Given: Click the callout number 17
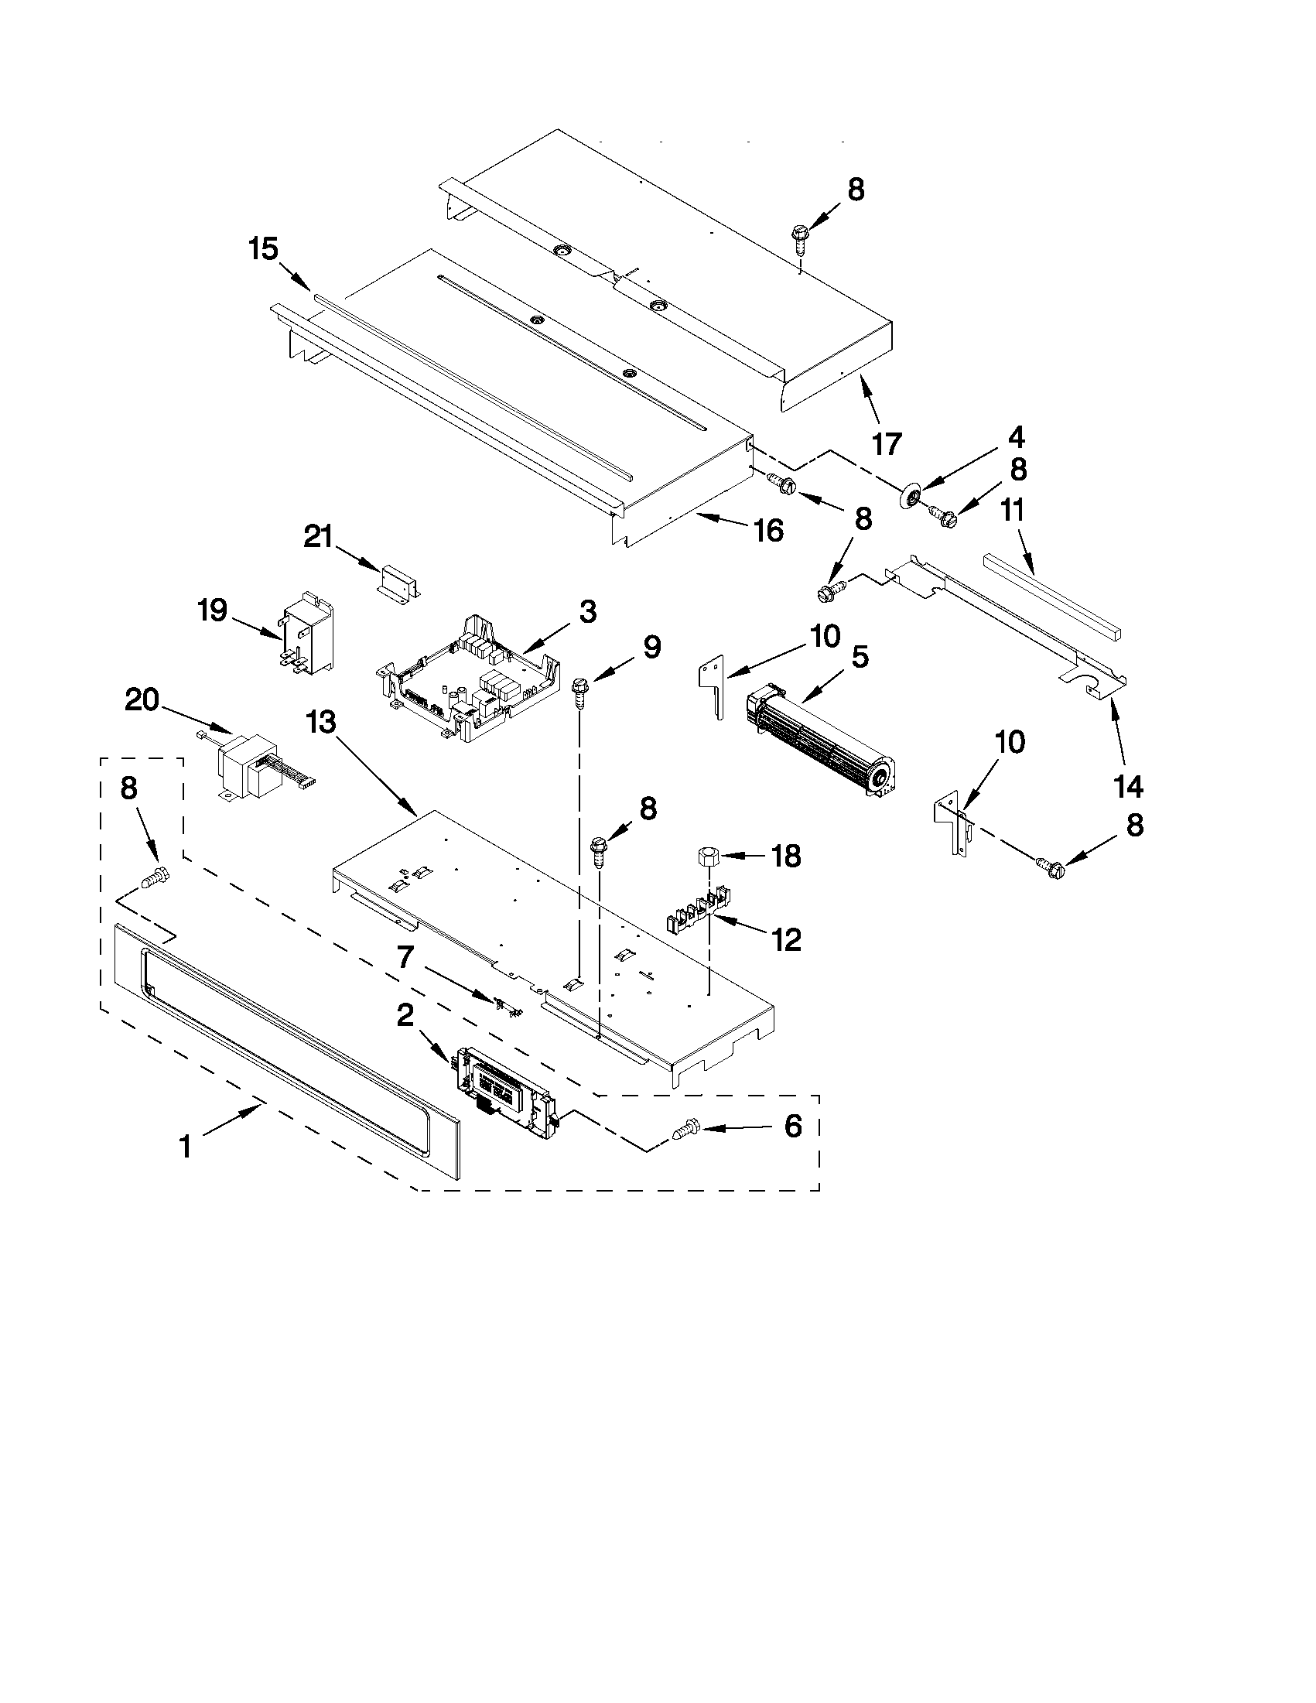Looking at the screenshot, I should click(887, 443).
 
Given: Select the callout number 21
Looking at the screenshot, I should click(318, 537).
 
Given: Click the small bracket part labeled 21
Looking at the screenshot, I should click(399, 583).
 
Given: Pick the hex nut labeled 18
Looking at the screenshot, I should click(707, 857).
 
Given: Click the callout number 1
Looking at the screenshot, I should click(186, 1147).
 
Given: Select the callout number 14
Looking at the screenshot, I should click(1129, 787).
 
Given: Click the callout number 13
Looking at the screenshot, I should click(321, 723).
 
